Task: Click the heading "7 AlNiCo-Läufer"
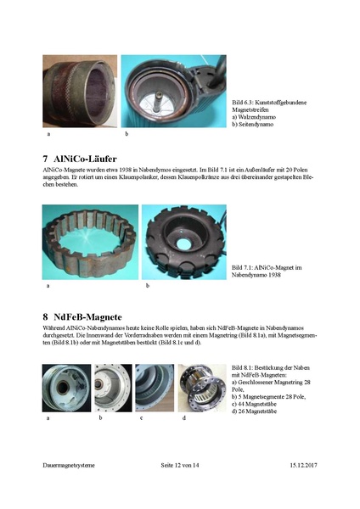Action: (x=80, y=159)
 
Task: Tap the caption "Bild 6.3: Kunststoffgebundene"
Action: (x=269, y=103)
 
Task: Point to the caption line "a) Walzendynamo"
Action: (x=257, y=116)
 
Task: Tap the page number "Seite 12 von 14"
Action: (x=180, y=466)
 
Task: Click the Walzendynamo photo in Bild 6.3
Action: (x=80, y=91)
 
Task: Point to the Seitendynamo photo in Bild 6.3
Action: (x=174, y=91)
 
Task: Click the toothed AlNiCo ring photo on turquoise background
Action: (x=89, y=242)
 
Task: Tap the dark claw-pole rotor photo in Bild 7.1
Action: (x=183, y=242)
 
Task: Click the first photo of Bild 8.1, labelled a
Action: (x=65, y=389)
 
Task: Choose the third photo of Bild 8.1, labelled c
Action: (x=155, y=389)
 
